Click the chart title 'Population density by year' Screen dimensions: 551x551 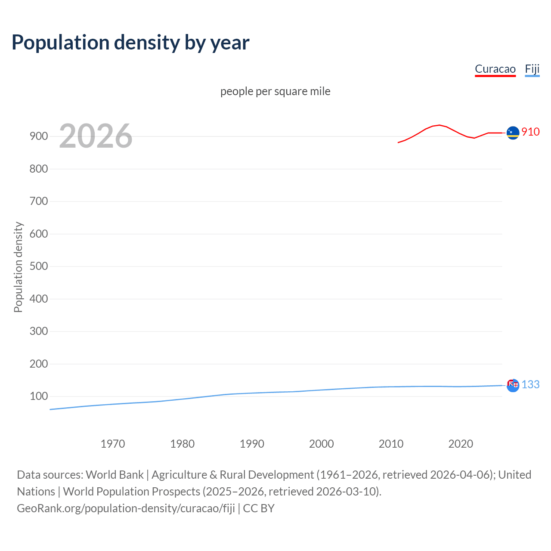pos(130,42)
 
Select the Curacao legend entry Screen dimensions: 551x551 pos(495,69)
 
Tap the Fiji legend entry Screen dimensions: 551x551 pos(532,69)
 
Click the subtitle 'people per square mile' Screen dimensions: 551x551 pos(275,91)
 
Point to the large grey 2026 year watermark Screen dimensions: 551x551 pos(96,136)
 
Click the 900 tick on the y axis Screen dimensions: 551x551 pos(38,136)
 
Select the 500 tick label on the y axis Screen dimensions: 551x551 pos(38,266)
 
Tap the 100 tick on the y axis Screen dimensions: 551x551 pos(38,396)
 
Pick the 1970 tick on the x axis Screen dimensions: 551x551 pos(113,444)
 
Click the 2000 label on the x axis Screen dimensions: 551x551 pos(321,444)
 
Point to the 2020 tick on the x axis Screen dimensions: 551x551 pos(461,444)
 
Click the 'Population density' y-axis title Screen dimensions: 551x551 pos(18,267)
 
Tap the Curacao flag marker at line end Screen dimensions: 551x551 pos(513,133)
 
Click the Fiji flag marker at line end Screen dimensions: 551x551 pos(513,385)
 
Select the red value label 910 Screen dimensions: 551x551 pos(530,132)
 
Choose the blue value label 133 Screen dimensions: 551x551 pos(530,384)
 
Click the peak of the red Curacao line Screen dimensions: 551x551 pos(439,125)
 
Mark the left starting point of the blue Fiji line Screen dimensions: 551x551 pos(50,409)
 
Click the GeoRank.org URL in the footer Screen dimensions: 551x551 pos(126,508)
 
